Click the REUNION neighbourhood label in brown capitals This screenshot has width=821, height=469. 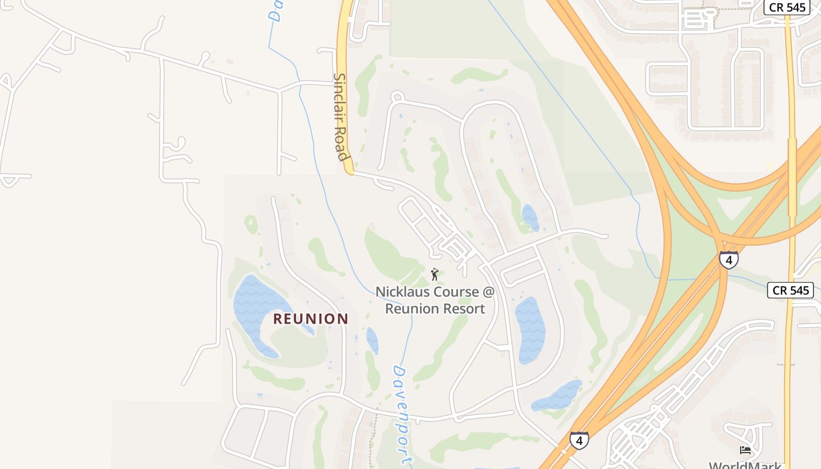pos(311,319)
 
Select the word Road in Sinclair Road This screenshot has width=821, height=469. pos(342,147)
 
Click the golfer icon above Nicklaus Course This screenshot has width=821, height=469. pos(435,274)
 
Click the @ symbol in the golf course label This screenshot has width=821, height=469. pos(488,292)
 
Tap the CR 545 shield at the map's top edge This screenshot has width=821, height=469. pos(786,7)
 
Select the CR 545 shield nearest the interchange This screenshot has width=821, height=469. pos(791,290)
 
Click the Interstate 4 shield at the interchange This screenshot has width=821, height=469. pos(728,260)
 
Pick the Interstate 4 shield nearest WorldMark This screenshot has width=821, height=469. pos(579,440)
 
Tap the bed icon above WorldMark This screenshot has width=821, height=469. pos(745,450)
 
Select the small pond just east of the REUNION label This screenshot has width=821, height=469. pos(372,340)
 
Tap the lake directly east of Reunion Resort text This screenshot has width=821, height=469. pos(530,328)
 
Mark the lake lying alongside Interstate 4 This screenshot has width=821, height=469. pos(557,396)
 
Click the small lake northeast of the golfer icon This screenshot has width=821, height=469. pos(530,217)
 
